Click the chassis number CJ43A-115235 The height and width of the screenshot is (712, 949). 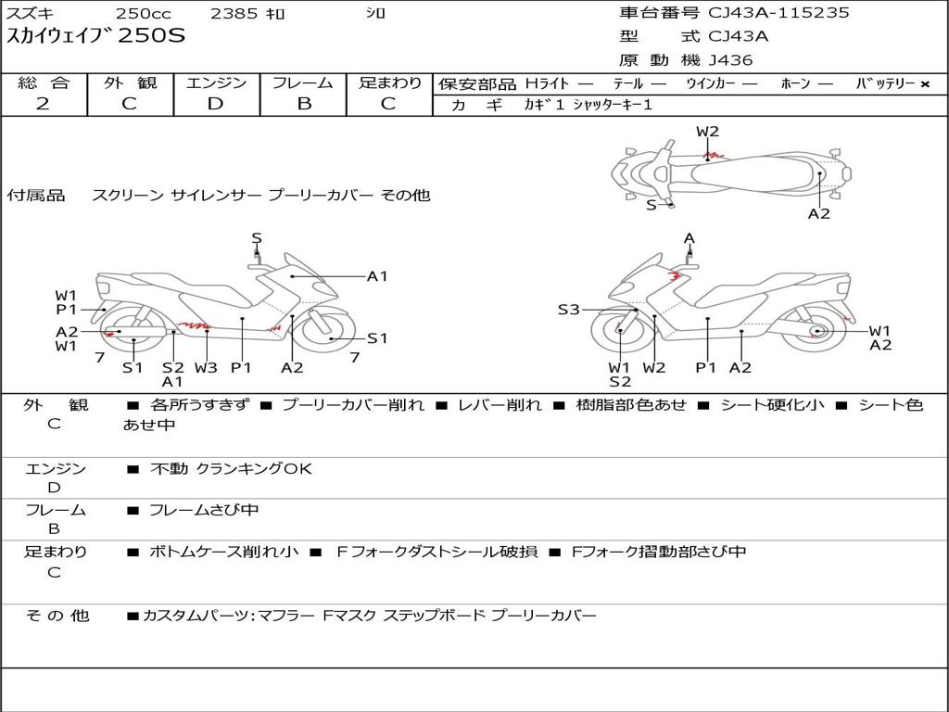click(778, 13)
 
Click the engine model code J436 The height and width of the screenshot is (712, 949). click(730, 60)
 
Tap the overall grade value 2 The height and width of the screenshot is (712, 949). click(43, 103)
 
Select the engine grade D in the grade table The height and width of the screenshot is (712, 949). click(216, 103)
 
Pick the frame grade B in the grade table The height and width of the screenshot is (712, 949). click(303, 103)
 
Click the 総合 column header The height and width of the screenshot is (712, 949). click(44, 83)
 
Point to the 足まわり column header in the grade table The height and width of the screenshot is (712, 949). click(390, 83)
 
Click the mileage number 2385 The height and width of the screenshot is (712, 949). click(235, 14)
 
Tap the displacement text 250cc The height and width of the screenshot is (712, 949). click(142, 14)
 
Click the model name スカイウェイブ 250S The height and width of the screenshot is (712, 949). click(96, 37)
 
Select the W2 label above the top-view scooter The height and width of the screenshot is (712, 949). click(707, 132)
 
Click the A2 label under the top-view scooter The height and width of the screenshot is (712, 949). click(818, 213)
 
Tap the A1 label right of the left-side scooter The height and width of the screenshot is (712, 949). click(377, 275)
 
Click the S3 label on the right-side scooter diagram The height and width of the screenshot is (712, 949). click(568, 310)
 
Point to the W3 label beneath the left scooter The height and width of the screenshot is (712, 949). click(206, 367)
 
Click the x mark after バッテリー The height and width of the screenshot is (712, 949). click(924, 83)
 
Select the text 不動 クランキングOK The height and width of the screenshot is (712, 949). click(231, 469)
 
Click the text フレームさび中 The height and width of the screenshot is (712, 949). click(204, 510)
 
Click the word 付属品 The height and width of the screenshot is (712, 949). click(36, 196)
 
